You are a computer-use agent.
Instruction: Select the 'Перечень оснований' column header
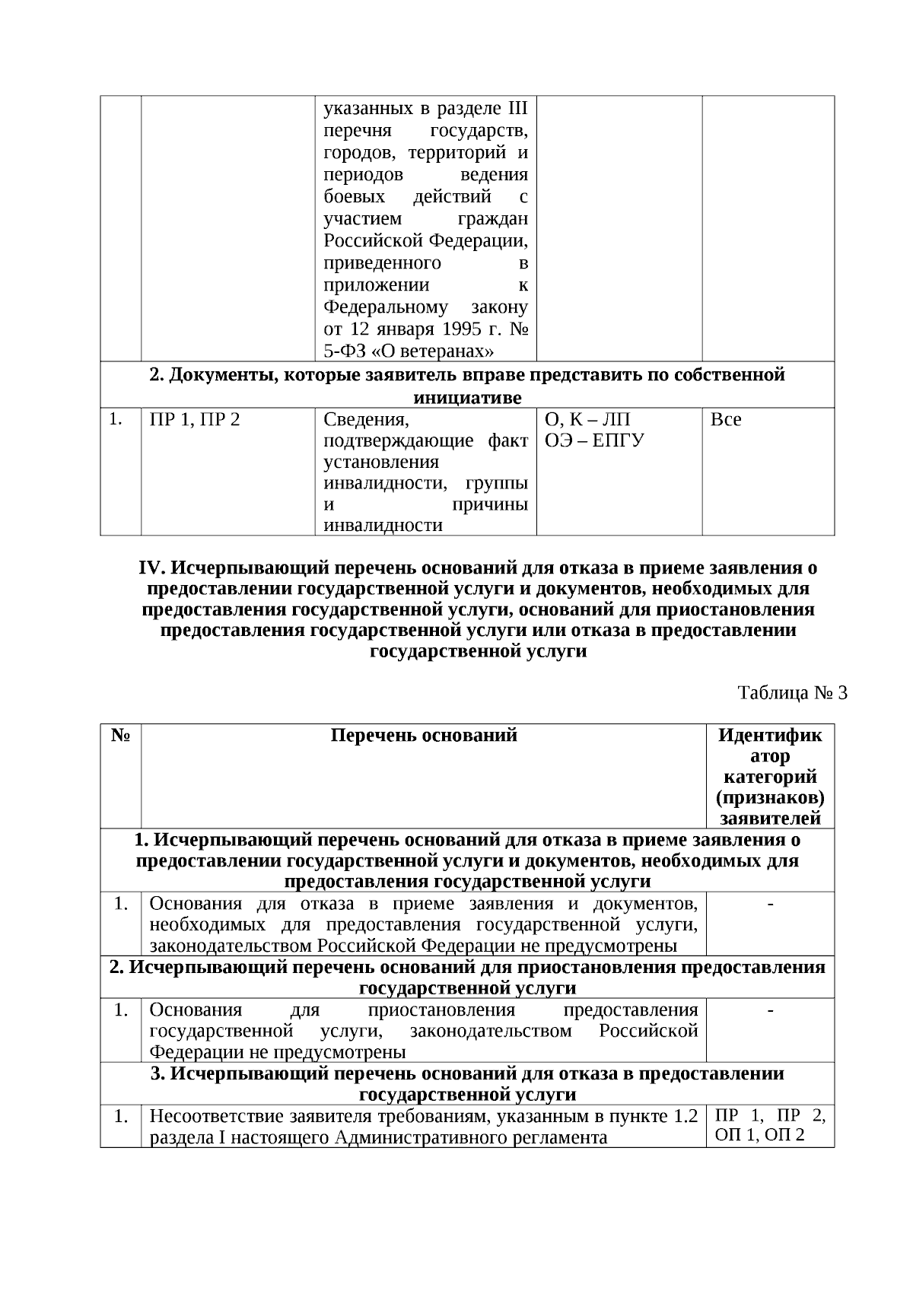(424, 735)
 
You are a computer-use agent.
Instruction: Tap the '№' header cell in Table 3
(120, 735)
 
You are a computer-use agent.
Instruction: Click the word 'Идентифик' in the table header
(770, 735)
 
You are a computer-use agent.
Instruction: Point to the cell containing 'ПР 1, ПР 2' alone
(195, 419)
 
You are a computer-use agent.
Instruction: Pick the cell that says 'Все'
(725, 419)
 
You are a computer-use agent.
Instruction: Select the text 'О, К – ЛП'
(587, 419)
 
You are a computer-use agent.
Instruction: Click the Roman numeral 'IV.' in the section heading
(152, 568)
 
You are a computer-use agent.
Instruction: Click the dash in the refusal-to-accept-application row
(770, 904)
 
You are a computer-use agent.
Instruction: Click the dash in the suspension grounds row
(770, 1010)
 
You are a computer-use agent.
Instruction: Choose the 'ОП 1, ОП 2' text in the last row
(759, 1137)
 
